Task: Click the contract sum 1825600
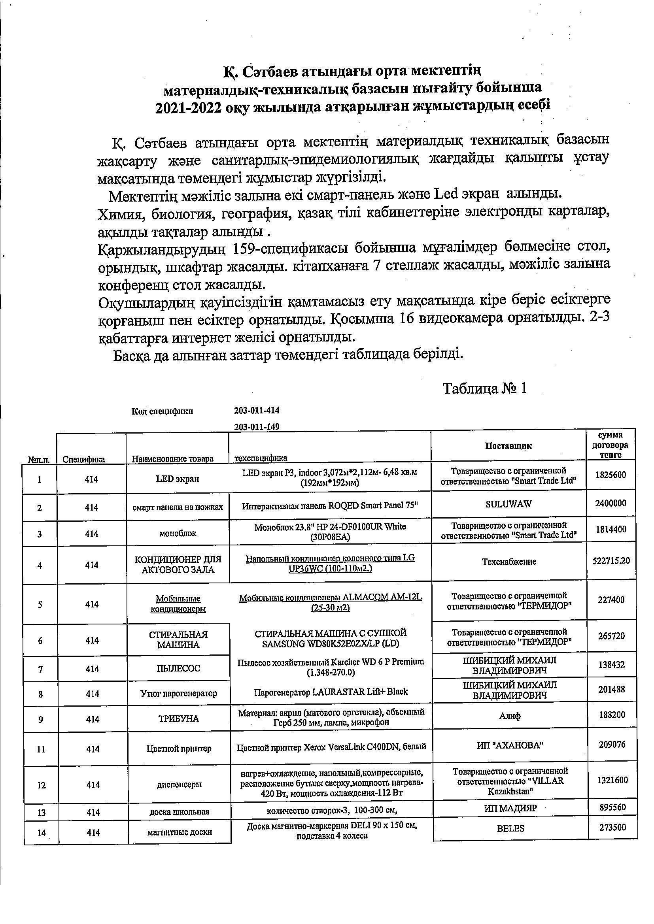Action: tap(611, 475)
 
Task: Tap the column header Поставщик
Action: tap(508, 446)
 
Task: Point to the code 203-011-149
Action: tap(257, 427)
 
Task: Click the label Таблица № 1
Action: tap(485, 389)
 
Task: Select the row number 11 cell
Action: tap(41, 749)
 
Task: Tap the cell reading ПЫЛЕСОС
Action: tap(178, 668)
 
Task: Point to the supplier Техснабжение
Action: tap(509, 562)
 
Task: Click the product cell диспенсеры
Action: tap(179, 784)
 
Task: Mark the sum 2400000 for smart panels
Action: tap(611, 503)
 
